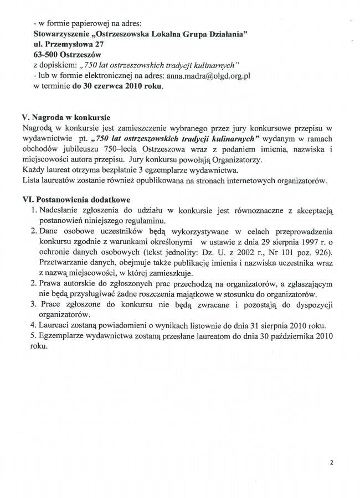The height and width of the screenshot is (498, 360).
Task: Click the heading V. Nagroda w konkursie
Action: click(65, 117)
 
